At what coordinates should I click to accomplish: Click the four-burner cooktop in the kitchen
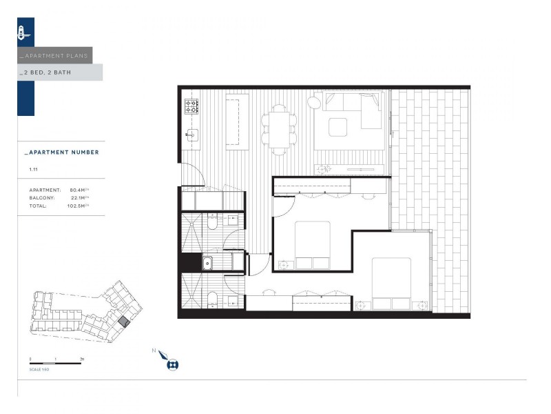click(x=191, y=106)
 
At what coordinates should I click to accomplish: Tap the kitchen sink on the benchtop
click(x=192, y=135)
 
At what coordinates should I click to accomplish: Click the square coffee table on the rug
click(x=337, y=127)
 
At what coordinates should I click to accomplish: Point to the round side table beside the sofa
click(x=314, y=103)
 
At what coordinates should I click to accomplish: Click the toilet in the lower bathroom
click(x=213, y=299)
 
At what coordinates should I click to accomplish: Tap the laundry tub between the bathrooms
click(x=207, y=262)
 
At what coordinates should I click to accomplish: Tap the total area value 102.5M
click(x=80, y=206)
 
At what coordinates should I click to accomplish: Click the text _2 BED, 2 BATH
click(x=46, y=72)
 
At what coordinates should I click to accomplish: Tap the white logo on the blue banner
click(x=23, y=32)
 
